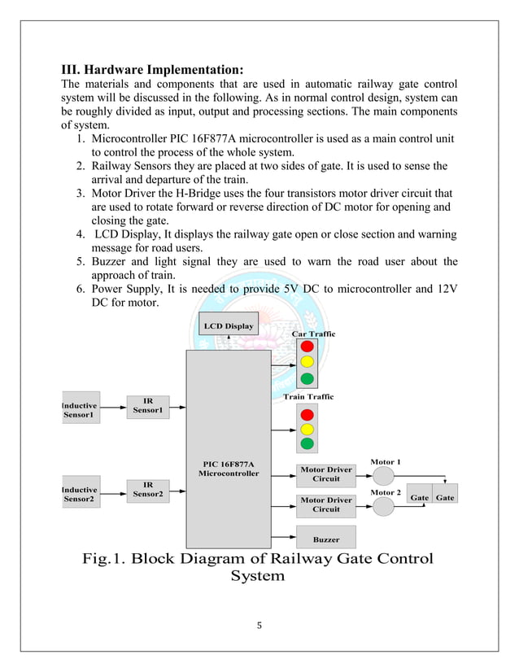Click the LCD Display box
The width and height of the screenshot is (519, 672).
pos(229,326)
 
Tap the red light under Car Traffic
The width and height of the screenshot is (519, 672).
pos(307,346)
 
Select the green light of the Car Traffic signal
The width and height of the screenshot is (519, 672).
pos(307,378)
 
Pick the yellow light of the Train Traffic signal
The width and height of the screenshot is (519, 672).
pos(307,428)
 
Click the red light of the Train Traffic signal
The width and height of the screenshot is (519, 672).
pos(307,412)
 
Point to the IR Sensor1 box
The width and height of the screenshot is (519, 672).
pos(148,406)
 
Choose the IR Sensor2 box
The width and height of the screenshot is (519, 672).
pos(148,489)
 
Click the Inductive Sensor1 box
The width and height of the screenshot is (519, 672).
pos(80,410)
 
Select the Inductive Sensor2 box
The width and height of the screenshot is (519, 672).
pos(80,494)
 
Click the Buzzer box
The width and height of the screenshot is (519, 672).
pos(325,539)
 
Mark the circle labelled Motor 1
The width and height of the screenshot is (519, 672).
pos(383,474)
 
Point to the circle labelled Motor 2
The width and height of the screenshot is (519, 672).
pos(383,505)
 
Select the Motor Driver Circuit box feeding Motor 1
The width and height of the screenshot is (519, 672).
pos(325,474)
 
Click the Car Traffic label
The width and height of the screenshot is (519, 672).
pos(313,334)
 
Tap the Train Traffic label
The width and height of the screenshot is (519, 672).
pos(313,396)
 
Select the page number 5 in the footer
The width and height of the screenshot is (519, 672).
pos(259,626)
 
